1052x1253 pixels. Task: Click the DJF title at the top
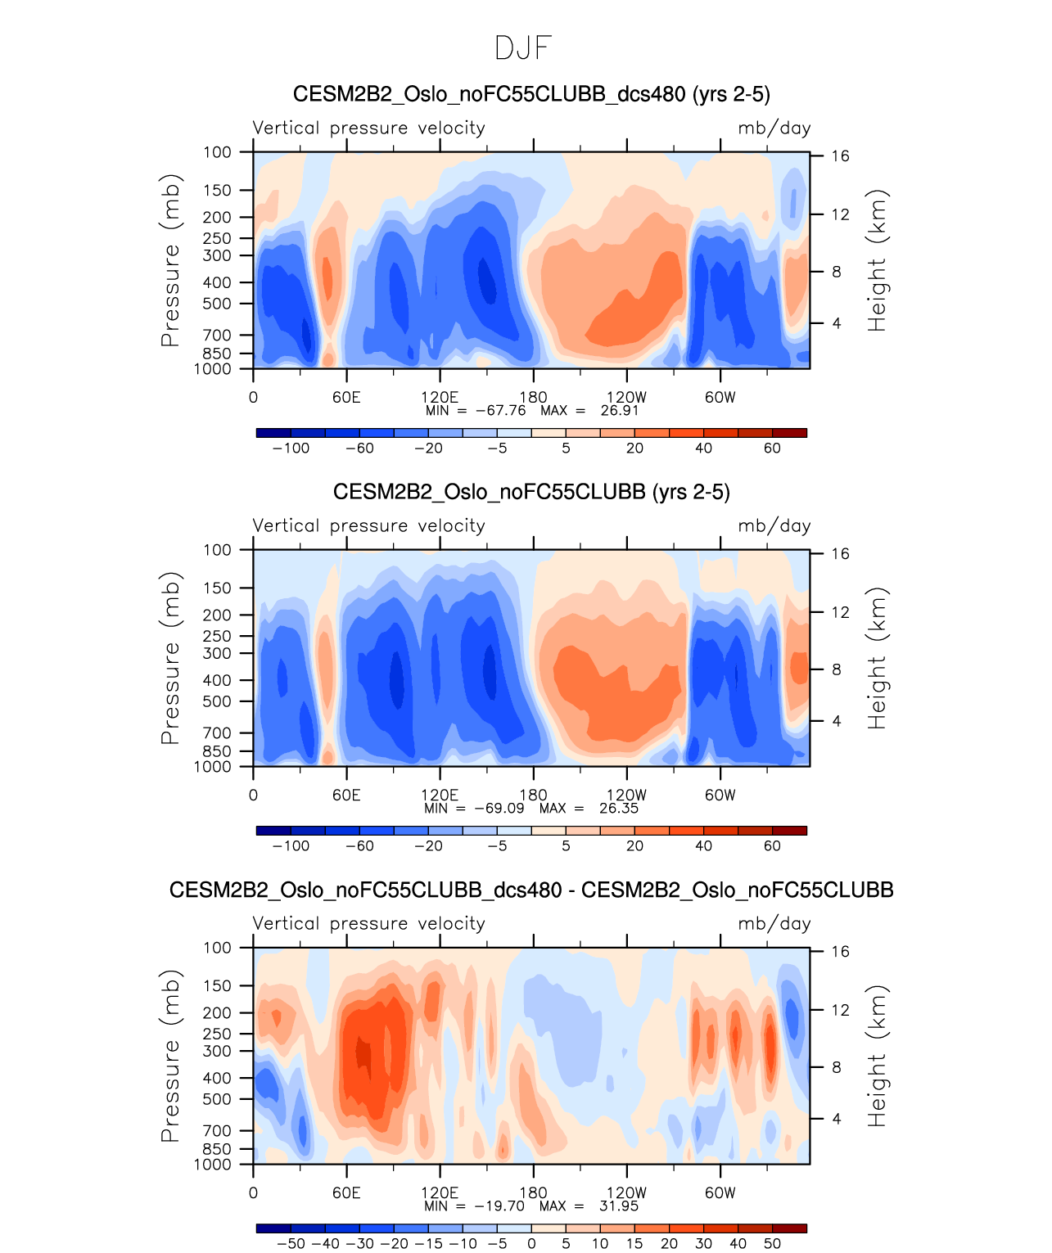[x=524, y=48]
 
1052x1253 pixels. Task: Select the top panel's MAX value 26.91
[x=619, y=410]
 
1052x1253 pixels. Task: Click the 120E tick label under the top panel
[x=440, y=398]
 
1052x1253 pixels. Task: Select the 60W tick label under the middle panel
[x=720, y=795]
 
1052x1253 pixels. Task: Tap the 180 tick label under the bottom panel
[x=533, y=1192]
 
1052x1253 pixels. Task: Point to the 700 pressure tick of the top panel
[x=217, y=335]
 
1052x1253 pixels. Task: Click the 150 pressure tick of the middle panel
[x=217, y=588]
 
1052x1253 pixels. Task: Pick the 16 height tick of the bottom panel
[x=841, y=951]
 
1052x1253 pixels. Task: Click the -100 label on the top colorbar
[x=291, y=448]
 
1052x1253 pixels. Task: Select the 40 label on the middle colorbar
[x=703, y=846]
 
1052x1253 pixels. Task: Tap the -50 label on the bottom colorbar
[x=291, y=1244]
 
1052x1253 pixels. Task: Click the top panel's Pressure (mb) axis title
[x=169, y=260]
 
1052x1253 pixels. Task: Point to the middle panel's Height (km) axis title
[x=878, y=658]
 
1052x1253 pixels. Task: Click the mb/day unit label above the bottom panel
[x=774, y=923]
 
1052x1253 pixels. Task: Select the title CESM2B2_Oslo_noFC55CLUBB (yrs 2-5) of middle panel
[x=531, y=492]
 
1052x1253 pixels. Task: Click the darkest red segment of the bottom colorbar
[x=789, y=1228]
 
